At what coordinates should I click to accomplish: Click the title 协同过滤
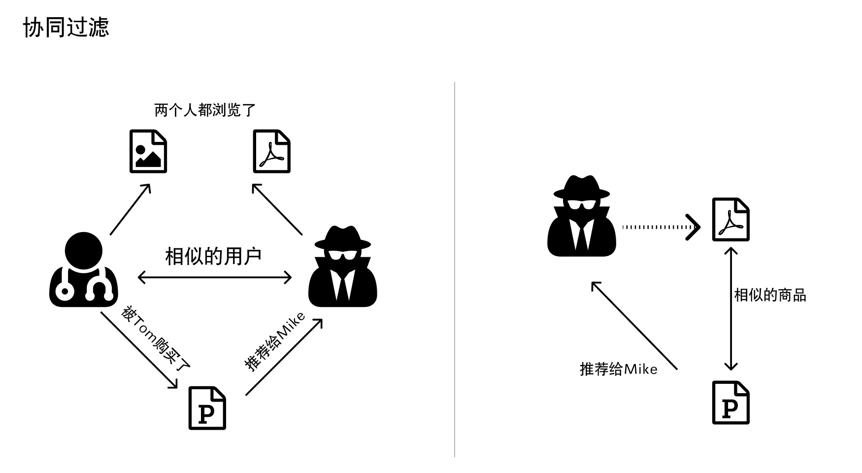point(66,27)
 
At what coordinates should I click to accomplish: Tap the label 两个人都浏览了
point(205,110)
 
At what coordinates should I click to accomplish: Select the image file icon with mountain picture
point(148,152)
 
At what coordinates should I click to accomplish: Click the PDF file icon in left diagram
point(271,152)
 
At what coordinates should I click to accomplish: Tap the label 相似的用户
point(213,256)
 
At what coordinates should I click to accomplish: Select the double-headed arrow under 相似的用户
point(215,277)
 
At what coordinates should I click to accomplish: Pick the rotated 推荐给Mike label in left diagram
point(275,341)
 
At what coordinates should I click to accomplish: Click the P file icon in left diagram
point(207,408)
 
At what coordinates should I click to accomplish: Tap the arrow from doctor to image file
point(130,209)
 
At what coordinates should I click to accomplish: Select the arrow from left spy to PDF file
point(277,209)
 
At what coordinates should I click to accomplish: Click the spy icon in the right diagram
point(582,217)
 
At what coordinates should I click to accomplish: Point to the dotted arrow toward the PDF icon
point(660,227)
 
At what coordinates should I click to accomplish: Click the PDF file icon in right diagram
point(731,220)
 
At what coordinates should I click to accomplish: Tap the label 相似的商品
point(770,295)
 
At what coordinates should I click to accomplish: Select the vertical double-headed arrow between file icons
point(731,309)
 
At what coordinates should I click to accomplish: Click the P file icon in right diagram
point(731,403)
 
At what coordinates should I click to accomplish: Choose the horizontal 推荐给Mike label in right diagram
point(619,369)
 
